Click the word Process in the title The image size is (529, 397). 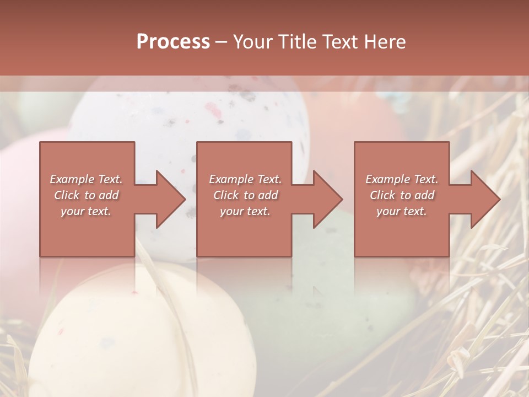pyautogui.click(x=173, y=42)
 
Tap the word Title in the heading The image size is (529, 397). pyautogui.click(x=297, y=42)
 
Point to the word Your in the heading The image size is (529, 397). pyautogui.click(x=253, y=42)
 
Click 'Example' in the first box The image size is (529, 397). pyautogui.click(x=72, y=179)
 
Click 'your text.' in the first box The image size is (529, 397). pyautogui.click(x=86, y=211)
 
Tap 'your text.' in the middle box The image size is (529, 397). pyautogui.click(x=245, y=211)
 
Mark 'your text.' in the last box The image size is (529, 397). pyautogui.click(x=401, y=211)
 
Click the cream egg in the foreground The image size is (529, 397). pyautogui.click(x=138, y=331)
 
